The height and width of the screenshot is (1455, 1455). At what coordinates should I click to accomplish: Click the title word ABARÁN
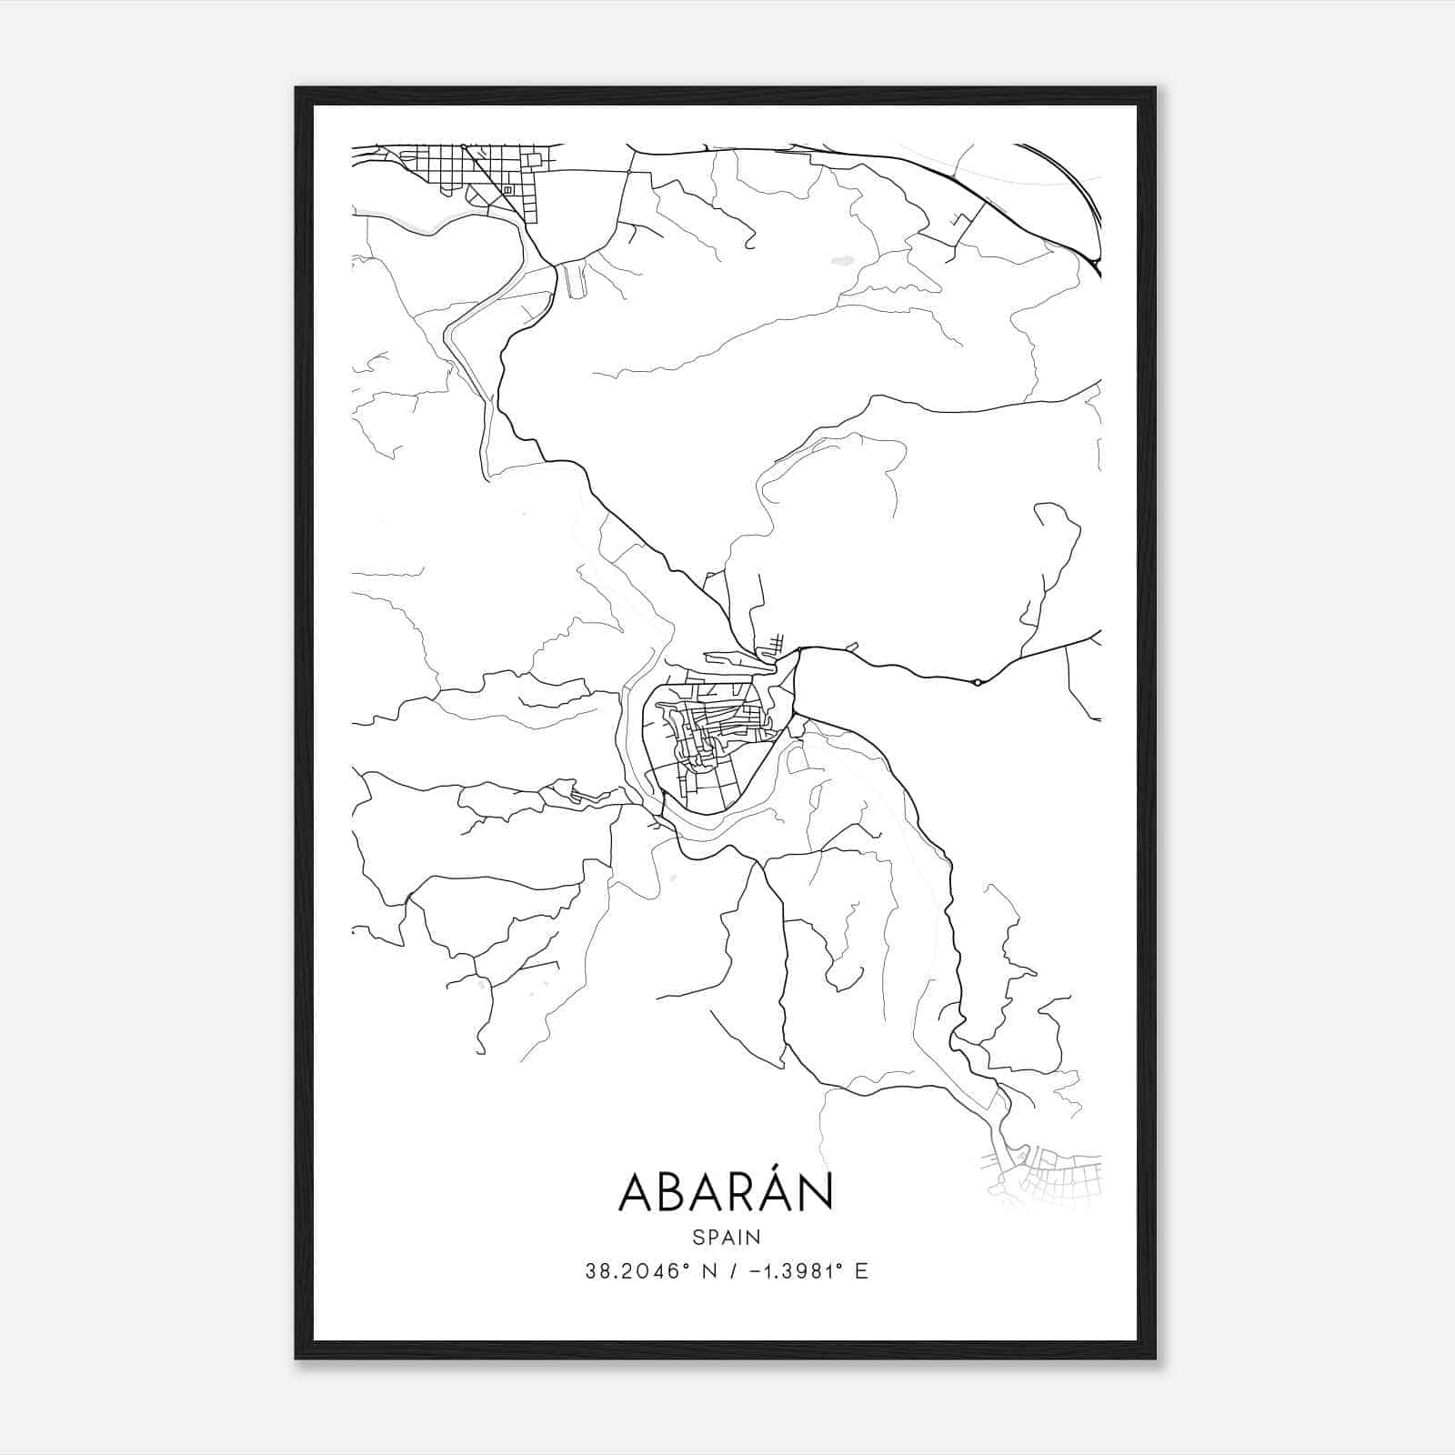(x=726, y=1192)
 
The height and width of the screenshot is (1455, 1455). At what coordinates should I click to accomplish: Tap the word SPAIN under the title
(x=727, y=1237)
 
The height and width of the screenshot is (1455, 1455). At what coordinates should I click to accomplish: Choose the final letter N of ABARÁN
(x=817, y=1193)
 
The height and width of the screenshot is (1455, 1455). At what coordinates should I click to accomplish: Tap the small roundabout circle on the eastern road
(x=977, y=682)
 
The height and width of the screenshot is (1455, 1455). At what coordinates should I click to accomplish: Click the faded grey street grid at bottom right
(x=1046, y=1179)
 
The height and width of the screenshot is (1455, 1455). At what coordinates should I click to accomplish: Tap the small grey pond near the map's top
(x=842, y=260)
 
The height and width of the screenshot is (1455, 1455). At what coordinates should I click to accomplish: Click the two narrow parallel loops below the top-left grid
(x=574, y=280)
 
